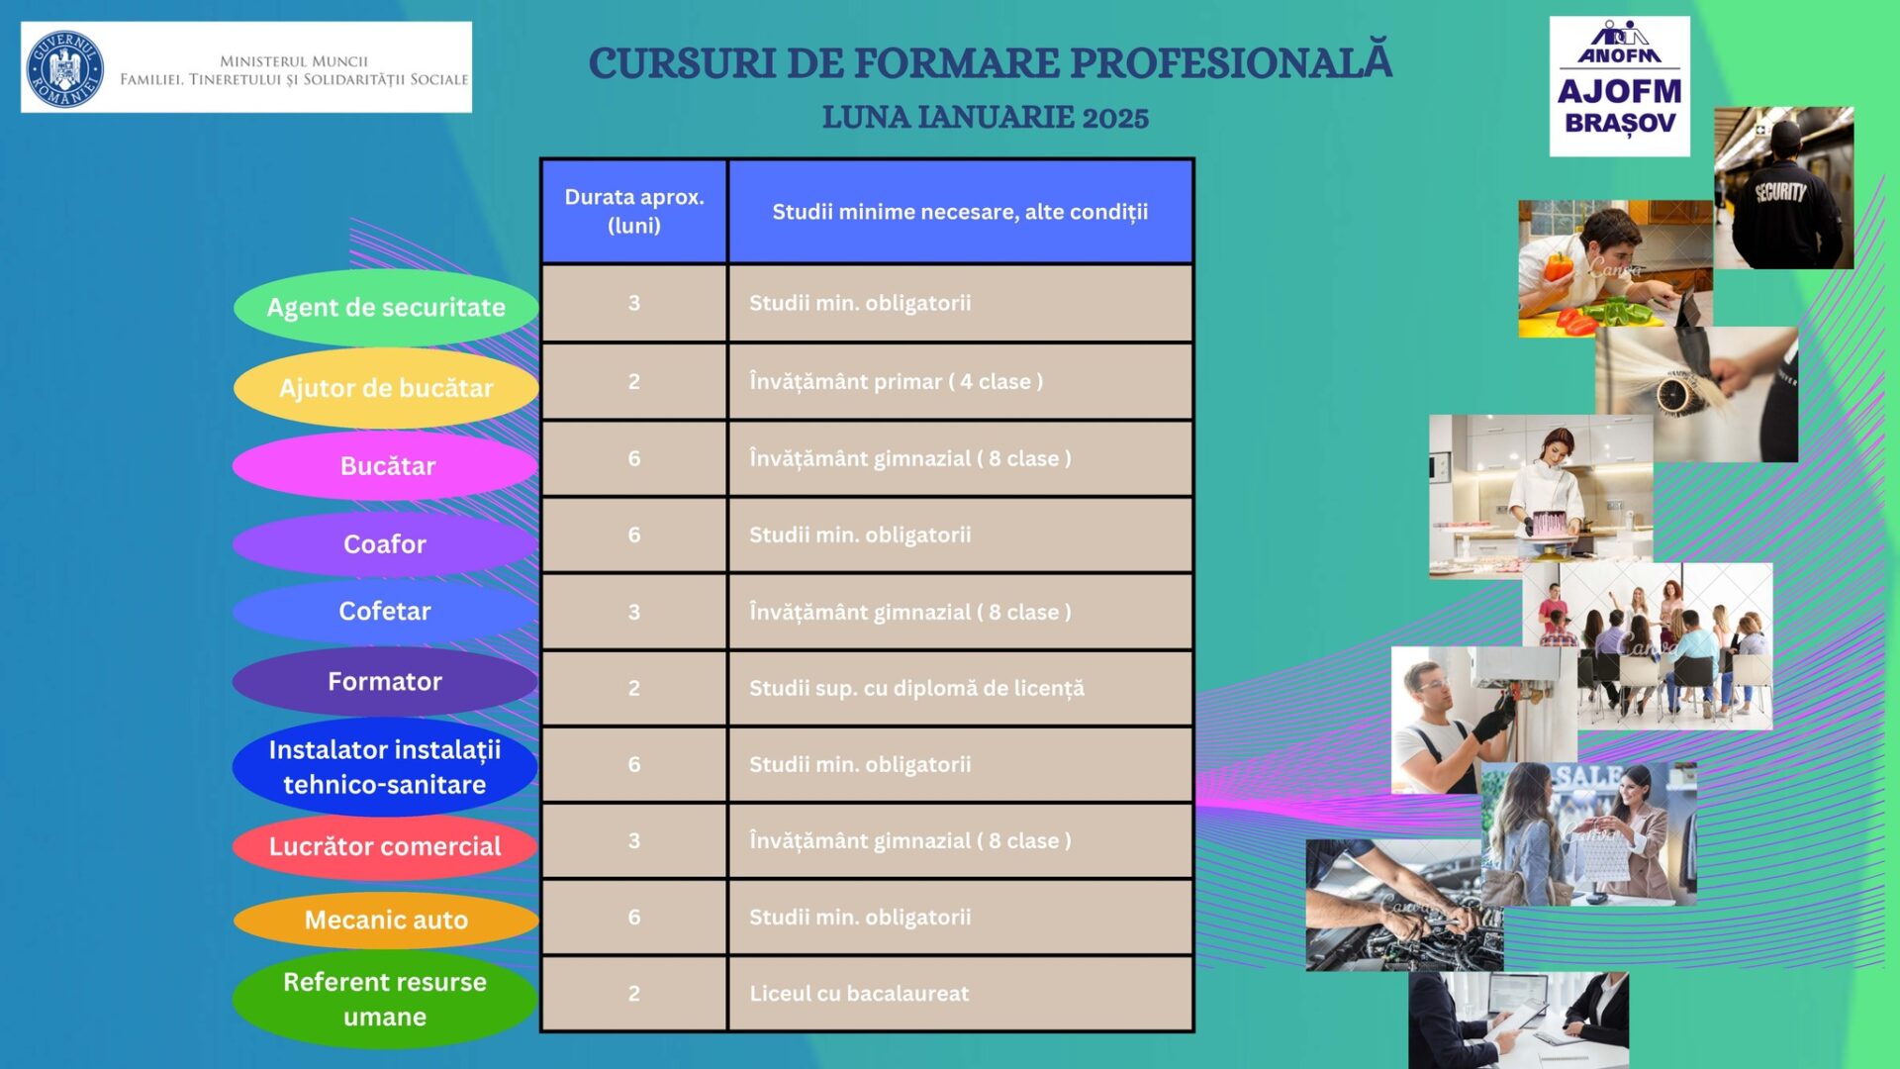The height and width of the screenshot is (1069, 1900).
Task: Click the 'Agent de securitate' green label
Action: [x=386, y=307]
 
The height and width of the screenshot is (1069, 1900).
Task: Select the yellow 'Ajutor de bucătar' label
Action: [x=386, y=387]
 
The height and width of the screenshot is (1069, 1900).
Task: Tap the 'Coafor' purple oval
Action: [x=385, y=543]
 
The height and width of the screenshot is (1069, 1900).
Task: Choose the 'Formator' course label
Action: [x=385, y=681]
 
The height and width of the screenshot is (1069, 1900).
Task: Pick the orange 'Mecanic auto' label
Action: [x=386, y=920]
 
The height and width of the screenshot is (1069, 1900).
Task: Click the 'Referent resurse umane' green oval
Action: [x=385, y=999]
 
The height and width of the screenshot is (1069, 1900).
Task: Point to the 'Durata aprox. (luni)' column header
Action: [x=634, y=211]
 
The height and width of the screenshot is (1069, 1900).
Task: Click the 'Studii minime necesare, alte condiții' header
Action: [x=960, y=211]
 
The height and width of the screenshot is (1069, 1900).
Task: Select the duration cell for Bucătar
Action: [x=634, y=458]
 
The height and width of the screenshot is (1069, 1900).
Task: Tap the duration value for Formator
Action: [x=634, y=688]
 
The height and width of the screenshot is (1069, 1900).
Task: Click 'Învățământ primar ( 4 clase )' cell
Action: [x=960, y=381]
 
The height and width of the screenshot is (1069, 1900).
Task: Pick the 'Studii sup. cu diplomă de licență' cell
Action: [x=960, y=688]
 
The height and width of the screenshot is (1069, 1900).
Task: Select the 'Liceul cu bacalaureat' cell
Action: [x=960, y=993]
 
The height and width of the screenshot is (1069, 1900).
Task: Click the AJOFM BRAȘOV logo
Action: [x=1619, y=86]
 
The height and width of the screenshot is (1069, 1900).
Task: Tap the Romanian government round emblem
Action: [x=64, y=67]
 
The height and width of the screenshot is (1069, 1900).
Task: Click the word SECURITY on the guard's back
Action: [x=1781, y=192]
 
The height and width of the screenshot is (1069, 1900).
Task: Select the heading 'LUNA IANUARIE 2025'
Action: [x=986, y=117]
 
